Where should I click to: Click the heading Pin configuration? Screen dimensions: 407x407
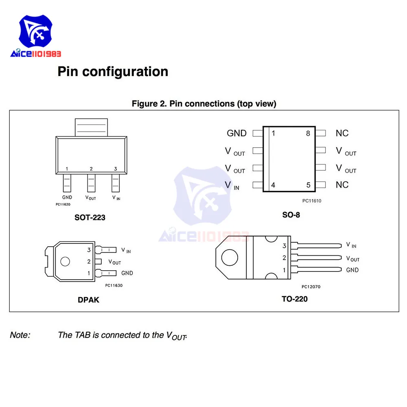click(x=113, y=72)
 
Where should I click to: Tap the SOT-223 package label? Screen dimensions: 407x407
click(x=90, y=217)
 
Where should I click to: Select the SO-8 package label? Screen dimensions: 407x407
click(x=291, y=214)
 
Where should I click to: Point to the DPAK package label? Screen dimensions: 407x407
click(x=88, y=300)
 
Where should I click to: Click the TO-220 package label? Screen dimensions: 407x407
click(x=295, y=299)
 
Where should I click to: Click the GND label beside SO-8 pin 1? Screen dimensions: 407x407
click(x=236, y=133)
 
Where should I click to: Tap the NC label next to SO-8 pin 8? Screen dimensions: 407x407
click(x=342, y=133)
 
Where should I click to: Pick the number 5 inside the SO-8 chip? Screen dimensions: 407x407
click(x=308, y=185)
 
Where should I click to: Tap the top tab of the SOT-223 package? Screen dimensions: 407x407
click(x=91, y=127)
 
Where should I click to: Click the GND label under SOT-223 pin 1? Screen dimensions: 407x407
click(x=67, y=197)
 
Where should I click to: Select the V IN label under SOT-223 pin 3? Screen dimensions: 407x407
click(x=116, y=197)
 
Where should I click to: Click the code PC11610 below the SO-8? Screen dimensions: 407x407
click(x=312, y=201)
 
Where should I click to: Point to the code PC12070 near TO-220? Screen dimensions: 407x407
click(x=311, y=287)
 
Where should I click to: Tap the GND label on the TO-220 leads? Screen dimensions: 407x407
click(x=352, y=270)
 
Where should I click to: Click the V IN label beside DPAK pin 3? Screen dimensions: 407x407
click(x=126, y=250)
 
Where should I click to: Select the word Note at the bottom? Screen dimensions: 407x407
click(x=20, y=335)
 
